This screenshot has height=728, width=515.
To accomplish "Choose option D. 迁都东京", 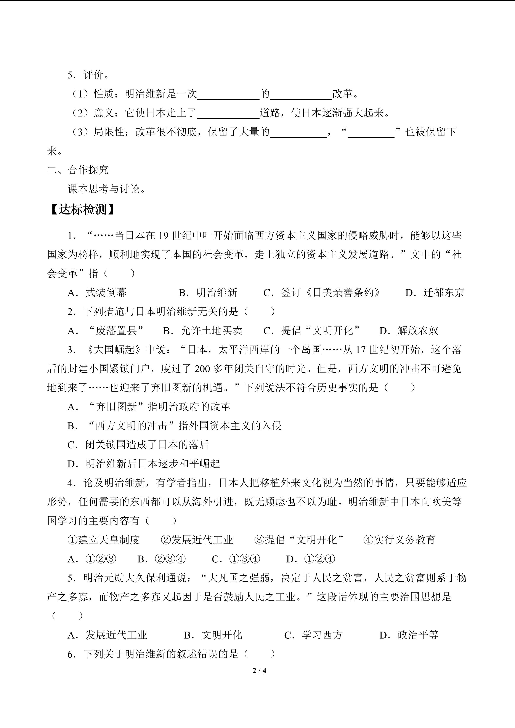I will pos(435,292).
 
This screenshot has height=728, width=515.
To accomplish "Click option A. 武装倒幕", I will pos(97,292).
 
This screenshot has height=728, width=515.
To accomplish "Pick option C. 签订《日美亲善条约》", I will pos(322,292).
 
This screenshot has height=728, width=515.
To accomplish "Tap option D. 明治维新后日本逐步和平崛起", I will pos(144,464).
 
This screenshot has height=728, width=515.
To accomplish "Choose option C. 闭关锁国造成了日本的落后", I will pos(138,445).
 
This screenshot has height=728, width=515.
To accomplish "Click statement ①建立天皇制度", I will pos(104,540).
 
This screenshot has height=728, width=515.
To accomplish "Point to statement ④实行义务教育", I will pos(399,540).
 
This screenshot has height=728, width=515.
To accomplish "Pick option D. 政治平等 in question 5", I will pos(409,635).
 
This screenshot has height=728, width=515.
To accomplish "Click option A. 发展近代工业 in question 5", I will pos(107,635).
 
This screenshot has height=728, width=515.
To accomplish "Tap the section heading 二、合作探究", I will pos(78,170).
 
